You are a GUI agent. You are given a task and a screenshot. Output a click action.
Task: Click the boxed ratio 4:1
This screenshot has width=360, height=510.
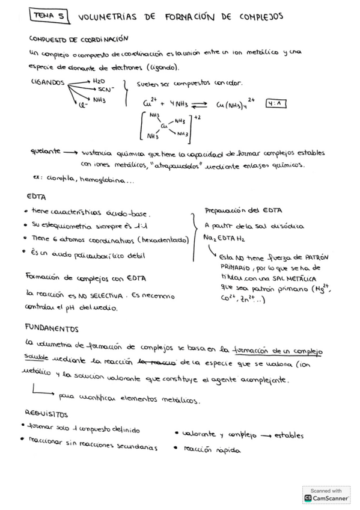[x=278, y=103]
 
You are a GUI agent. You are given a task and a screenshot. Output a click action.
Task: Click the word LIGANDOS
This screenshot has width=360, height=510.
[x=47, y=84]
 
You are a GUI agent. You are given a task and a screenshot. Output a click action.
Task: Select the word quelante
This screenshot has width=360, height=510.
[x=44, y=152]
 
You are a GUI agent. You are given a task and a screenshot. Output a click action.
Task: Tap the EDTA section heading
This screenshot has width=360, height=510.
[x=37, y=197]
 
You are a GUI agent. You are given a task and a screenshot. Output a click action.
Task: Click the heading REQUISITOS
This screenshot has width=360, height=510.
[x=46, y=414]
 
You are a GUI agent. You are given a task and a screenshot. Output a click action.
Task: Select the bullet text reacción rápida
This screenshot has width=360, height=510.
[x=205, y=449]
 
